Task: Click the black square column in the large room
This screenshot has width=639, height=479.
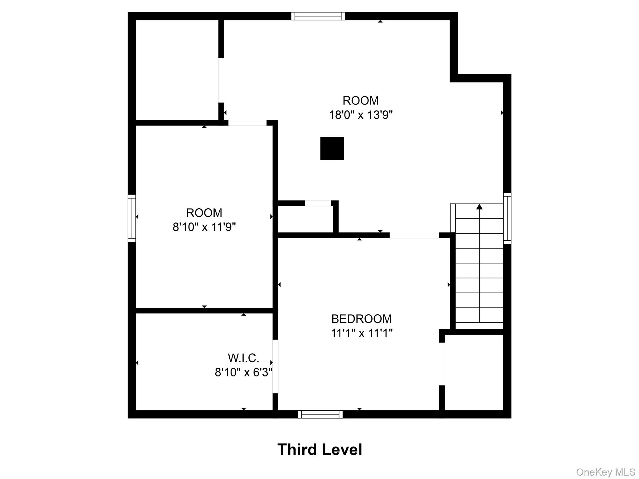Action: pyautogui.click(x=332, y=148)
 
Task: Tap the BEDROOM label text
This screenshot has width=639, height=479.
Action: pyautogui.click(x=361, y=319)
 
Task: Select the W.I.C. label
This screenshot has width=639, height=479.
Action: pyautogui.click(x=243, y=358)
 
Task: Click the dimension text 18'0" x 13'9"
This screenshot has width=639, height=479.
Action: pyautogui.click(x=361, y=115)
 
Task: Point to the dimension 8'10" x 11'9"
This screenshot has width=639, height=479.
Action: pyautogui.click(x=204, y=227)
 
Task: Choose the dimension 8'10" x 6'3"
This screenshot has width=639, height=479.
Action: pyautogui.click(x=243, y=372)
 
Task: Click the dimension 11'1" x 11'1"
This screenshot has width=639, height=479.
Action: pyautogui.click(x=361, y=333)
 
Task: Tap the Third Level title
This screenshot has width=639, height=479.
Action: pyautogui.click(x=319, y=450)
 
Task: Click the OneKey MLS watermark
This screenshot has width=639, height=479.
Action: pyautogui.click(x=606, y=472)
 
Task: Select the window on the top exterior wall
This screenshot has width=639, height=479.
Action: pyautogui.click(x=318, y=16)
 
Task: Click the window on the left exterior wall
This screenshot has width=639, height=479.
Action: pyautogui.click(x=132, y=218)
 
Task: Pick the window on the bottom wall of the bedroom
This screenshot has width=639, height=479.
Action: pyautogui.click(x=320, y=414)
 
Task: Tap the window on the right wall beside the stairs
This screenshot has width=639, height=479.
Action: pyautogui.click(x=507, y=218)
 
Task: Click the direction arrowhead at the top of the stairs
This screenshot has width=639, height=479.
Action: pyautogui.click(x=480, y=207)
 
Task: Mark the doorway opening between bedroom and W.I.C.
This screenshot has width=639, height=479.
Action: pyautogui.click(x=275, y=366)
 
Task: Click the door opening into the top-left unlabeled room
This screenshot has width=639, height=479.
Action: pyautogui.click(x=221, y=80)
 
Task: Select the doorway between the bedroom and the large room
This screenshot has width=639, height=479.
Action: pyautogui.click(x=414, y=235)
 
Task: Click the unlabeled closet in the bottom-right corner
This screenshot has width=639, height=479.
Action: pyautogui.click(x=474, y=372)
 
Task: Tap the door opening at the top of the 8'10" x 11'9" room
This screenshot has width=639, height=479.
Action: pyautogui.click(x=247, y=123)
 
